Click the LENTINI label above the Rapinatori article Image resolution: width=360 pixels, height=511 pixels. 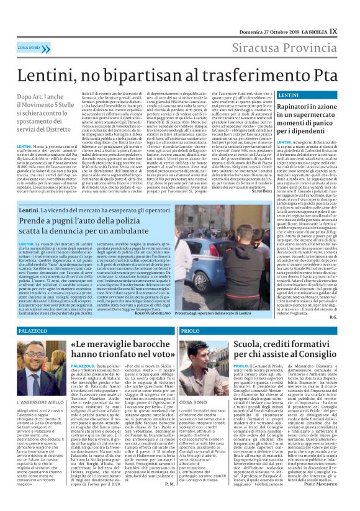(x=290, y=96)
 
